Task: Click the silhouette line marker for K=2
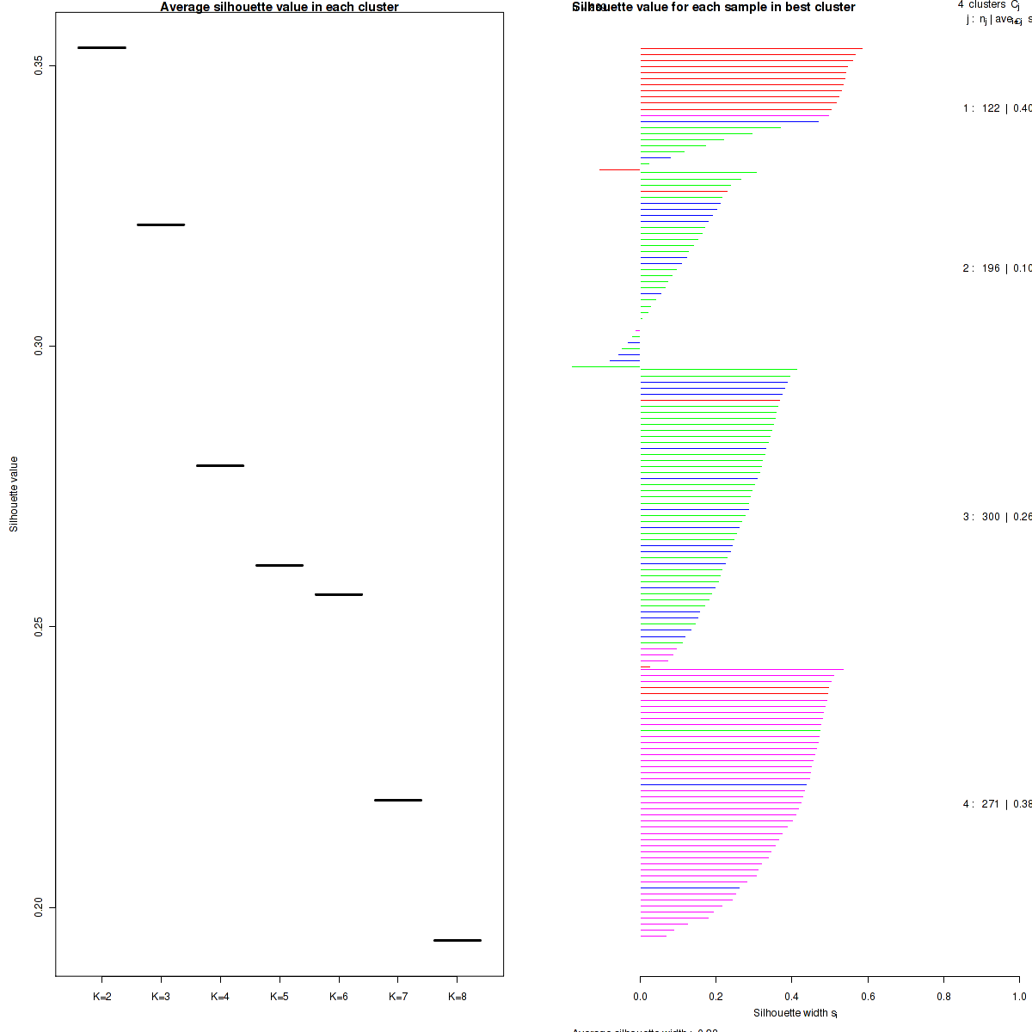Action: click(x=101, y=47)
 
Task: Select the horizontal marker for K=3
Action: click(x=161, y=224)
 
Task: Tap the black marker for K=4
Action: click(x=220, y=465)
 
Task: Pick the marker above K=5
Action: click(x=279, y=565)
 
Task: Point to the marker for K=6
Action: click(x=339, y=594)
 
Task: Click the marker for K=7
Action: click(x=398, y=800)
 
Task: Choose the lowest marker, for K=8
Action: click(x=458, y=940)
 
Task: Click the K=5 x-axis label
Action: click(x=279, y=997)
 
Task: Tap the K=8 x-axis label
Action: click(x=458, y=997)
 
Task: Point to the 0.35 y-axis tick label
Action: click(x=40, y=66)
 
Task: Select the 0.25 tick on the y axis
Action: click(x=40, y=627)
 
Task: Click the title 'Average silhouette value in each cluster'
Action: click(x=279, y=7)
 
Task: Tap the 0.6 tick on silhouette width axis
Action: click(x=868, y=997)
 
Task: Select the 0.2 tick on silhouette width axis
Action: click(x=716, y=997)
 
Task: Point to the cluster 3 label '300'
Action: click(x=991, y=517)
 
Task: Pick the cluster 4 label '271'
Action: click(x=991, y=804)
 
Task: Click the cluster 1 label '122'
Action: click(x=991, y=108)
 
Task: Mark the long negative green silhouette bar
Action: click(x=605, y=367)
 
